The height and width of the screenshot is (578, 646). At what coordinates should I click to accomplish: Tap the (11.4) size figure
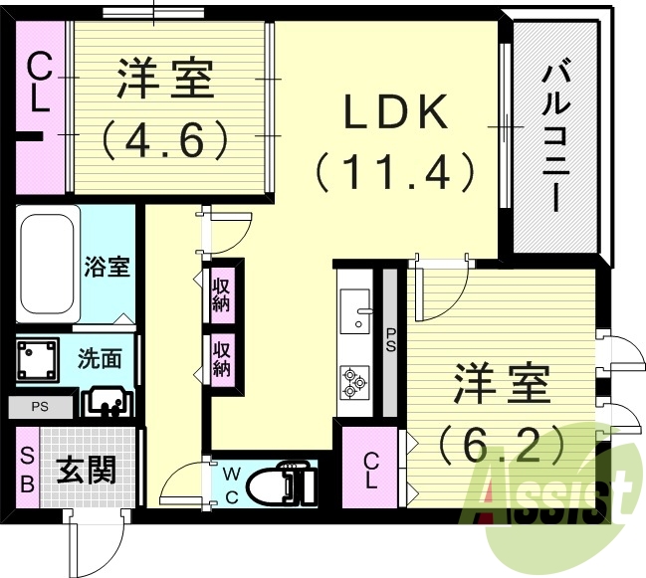[x=395, y=172]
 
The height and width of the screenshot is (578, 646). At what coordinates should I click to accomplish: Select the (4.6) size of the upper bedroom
[x=166, y=139]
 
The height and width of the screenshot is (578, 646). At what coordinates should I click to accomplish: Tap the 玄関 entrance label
[x=86, y=469]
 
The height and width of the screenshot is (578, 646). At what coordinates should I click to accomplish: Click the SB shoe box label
[x=28, y=470]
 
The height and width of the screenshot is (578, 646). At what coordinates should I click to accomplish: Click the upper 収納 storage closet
[x=221, y=294]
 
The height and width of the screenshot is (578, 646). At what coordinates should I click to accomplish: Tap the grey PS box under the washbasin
[x=39, y=406]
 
